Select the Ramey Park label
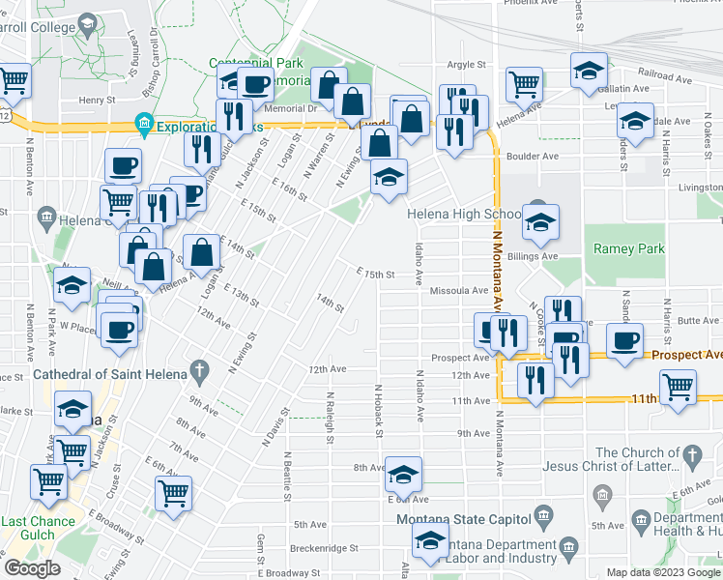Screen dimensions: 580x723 pos(628,248)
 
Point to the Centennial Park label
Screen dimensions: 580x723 pos(257,63)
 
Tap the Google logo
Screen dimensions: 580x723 pos(32,568)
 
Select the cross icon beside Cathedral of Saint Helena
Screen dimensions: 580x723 pos(199,370)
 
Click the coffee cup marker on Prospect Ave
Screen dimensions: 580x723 pos(624,340)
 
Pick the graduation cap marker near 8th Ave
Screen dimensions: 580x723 pos(403,474)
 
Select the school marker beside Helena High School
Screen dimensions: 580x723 pos(540,220)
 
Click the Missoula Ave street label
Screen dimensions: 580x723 pos(458,290)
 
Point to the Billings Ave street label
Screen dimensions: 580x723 pos(535,256)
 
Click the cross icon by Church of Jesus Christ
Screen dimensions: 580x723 pos(691,454)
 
